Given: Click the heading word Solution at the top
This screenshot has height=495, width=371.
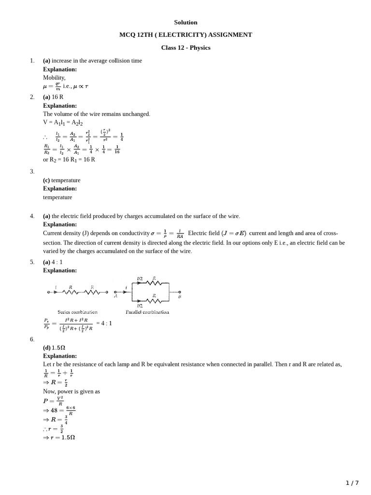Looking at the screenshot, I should pyautogui.click(x=185, y=22).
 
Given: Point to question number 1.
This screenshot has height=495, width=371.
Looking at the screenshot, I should pyautogui.click(x=32, y=61).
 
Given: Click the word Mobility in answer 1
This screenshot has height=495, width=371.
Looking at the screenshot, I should pyautogui.click(x=54, y=78).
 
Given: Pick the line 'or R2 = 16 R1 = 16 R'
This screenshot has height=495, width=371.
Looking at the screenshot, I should pyautogui.click(x=69, y=159).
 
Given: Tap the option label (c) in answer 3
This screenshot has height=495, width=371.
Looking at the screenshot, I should pyautogui.click(x=46, y=180).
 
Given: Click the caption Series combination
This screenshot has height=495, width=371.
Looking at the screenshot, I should pyautogui.click(x=77, y=312).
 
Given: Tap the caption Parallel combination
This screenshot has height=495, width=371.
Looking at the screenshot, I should pyautogui.click(x=147, y=312).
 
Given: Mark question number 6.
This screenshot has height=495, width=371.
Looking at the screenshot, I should pyautogui.click(x=32, y=339).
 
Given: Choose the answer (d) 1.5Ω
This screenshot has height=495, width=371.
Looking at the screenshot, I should pyautogui.click(x=54, y=348).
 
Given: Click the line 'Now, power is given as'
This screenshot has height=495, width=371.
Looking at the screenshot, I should pyautogui.click(x=71, y=391).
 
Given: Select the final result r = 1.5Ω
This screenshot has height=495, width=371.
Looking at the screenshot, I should pyautogui.click(x=59, y=437).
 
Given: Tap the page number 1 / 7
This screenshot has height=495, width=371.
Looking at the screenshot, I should pyautogui.click(x=352, y=483).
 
